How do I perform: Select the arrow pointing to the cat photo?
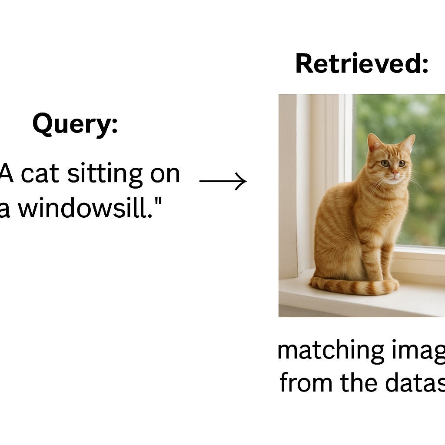222,181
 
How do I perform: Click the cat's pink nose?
394,173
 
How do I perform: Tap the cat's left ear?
374,142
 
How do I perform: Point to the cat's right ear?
408,143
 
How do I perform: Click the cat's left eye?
385,163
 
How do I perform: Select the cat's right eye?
402,163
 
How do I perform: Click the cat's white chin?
394,180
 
